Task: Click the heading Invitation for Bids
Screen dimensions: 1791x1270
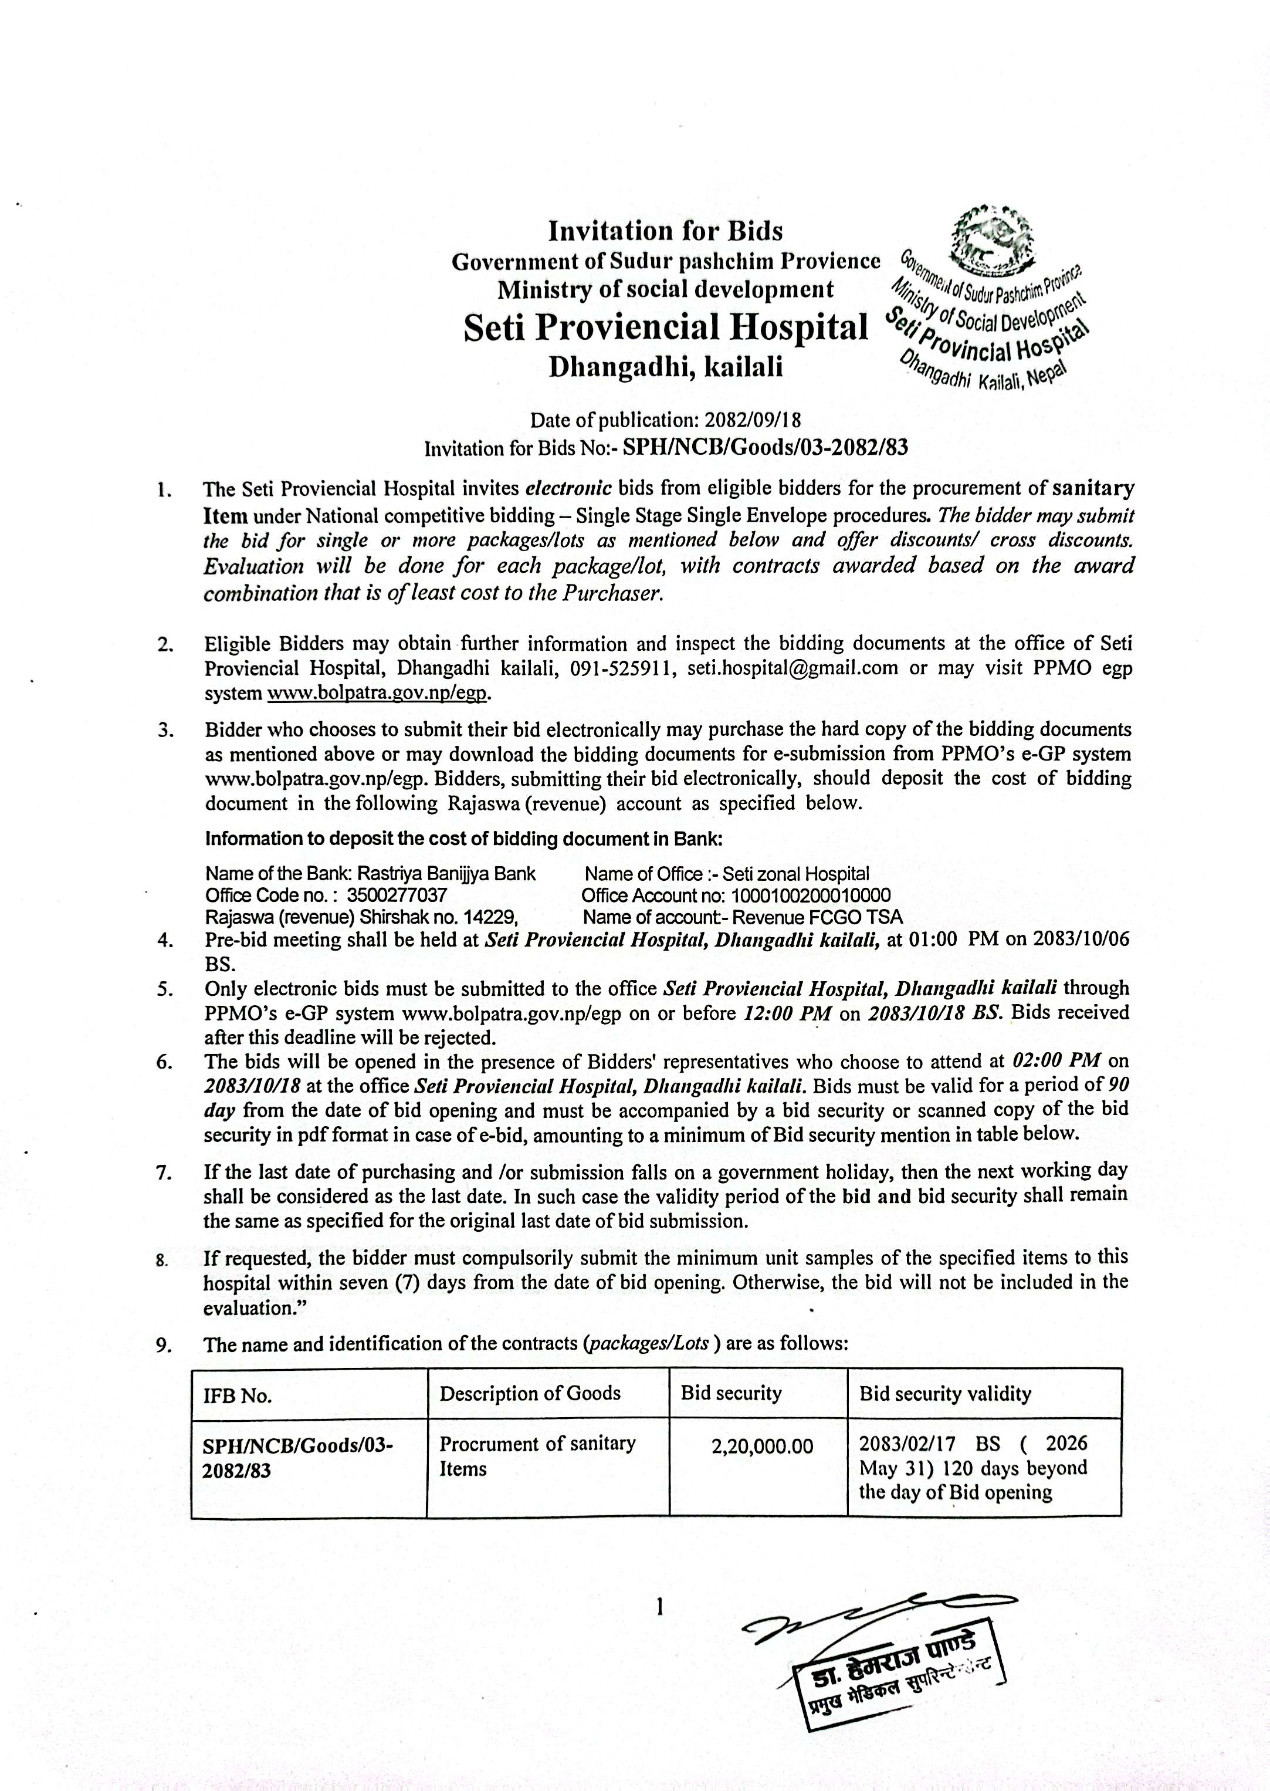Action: tap(665, 231)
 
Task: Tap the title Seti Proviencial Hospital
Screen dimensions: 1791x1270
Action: tap(665, 327)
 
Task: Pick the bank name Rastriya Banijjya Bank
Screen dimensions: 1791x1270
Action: tap(446, 874)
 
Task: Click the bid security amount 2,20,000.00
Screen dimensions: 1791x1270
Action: tap(763, 1447)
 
